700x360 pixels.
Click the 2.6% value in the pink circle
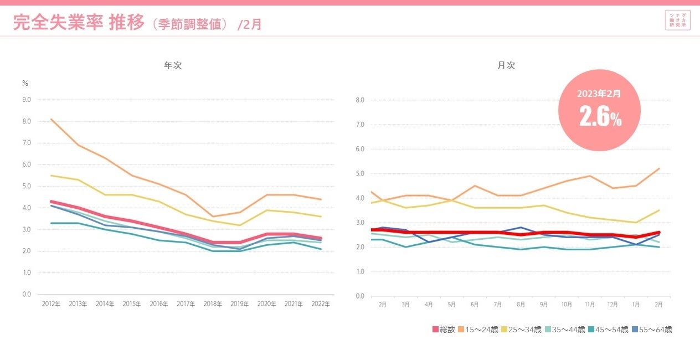click(x=600, y=117)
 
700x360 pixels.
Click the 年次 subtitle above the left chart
click(x=173, y=65)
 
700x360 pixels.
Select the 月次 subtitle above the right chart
click(x=506, y=65)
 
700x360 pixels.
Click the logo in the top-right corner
click(x=678, y=20)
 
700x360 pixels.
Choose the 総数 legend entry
click(x=444, y=330)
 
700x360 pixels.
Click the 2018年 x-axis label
click(x=213, y=304)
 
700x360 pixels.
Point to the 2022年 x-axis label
click(x=320, y=304)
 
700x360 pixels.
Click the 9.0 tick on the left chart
click(x=26, y=100)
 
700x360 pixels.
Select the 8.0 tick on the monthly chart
click(x=360, y=100)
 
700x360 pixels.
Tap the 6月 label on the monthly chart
click(x=474, y=305)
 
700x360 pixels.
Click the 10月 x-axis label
click(x=566, y=305)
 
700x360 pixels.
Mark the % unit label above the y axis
click(x=25, y=84)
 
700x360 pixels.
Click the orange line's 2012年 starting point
click(x=52, y=119)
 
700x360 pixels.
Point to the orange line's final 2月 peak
click(x=658, y=168)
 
